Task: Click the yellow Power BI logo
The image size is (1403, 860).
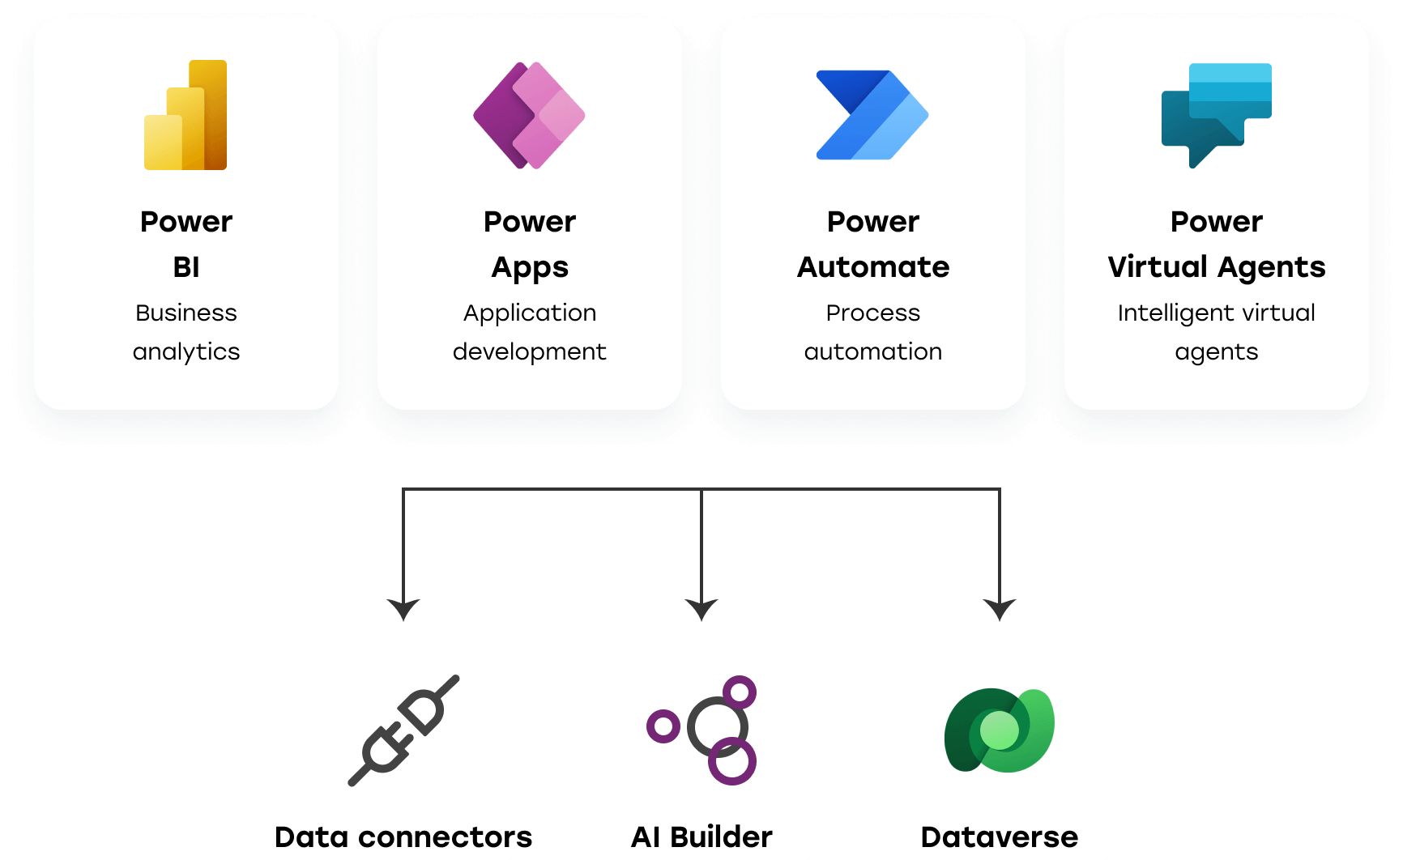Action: (x=186, y=115)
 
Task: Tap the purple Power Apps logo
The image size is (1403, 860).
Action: (x=529, y=115)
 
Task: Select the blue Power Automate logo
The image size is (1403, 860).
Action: (x=872, y=115)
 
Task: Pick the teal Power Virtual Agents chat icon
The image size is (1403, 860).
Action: (x=1216, y=115)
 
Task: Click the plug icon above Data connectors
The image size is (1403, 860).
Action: (x=403, y=730)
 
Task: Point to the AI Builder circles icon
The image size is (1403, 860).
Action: (x=701, y=730)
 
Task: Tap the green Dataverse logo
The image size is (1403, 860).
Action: (x=1000, y=730)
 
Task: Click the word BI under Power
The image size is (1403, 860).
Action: (x=186, y=267)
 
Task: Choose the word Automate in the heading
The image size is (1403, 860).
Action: (x=873, y=267)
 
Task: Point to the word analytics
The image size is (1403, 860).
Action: (x=186, y=352)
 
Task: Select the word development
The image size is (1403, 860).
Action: (x=530, y=352)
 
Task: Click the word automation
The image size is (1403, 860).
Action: (x=873, y=351)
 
